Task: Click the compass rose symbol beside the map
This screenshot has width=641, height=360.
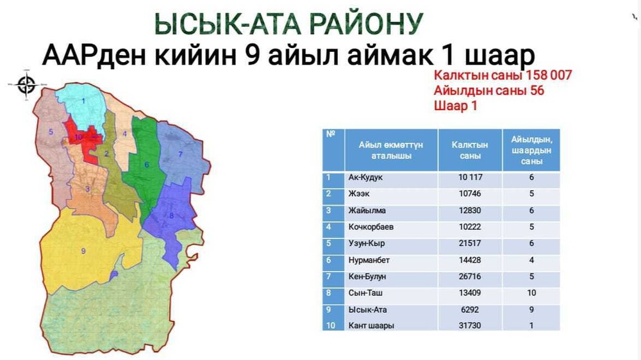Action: [x=26, y=85]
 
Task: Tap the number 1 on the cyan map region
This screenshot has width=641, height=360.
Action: [x=83, y=101]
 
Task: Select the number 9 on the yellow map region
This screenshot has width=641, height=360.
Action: [x=83, y=251]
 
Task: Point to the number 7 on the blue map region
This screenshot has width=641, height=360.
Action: [x=180, y=154]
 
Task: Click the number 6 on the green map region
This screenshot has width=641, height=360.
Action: [x=147, y=165]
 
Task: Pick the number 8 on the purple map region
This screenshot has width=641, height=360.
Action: [x=171, y=215]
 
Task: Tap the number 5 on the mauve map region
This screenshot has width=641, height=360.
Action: [x=51, y=131]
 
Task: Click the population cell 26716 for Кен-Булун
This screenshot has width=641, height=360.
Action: [x=470, y=277]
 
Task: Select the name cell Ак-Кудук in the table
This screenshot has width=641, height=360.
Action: [x=365, y=177]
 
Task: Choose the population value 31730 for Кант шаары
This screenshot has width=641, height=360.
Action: [x=470, y=325]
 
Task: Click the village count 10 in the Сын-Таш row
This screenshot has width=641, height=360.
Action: [x=531, y=293]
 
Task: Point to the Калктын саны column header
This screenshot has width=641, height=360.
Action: [x=470, y=151]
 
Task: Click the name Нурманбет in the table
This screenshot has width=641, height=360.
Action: [x=369, y=260]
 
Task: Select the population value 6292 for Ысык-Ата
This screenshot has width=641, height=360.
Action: [x=470, y=310]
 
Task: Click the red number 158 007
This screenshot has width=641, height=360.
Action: [x=549, y=75]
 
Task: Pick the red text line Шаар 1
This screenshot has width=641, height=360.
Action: [x=455, y=106]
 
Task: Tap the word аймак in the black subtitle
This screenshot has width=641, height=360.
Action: [x=390, y=56]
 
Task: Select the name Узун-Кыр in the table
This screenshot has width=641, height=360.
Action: [x=367, y=243]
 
